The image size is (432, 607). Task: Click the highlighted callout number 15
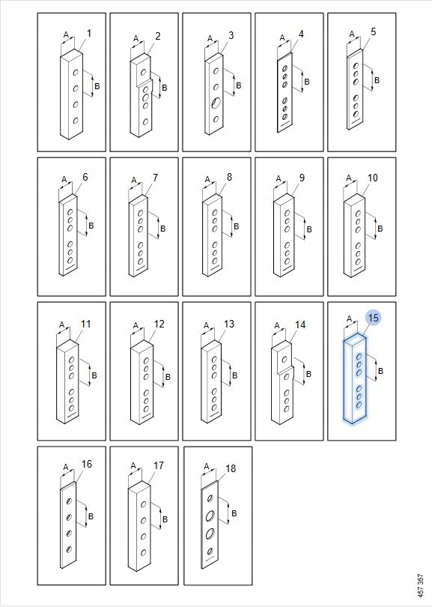click(x=373, y=318)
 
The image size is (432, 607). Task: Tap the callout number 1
click(x=89, y=34)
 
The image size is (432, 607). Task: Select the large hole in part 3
click(x=216, y=103)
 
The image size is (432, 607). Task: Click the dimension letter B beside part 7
click(x=162, y=229)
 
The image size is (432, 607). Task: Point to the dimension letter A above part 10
click(x=349, y=178)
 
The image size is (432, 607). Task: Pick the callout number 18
click(x=231, y=469)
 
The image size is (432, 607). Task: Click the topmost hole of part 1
click(x=76, y=73)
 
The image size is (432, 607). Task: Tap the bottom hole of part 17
click(x=144, y=552)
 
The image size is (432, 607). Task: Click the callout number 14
click(x=300, y=324)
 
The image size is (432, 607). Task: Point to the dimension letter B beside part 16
click(x=91, y=516)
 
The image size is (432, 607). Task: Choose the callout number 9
click(x=302, y=178)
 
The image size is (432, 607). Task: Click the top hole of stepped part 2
click(x=144, y=72)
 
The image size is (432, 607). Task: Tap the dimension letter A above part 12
click(x=136, y=325)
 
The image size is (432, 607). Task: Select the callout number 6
click(x=85, y=177)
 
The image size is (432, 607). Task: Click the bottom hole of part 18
click(x=210, y=552)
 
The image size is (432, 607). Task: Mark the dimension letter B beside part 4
click(x=307, y=82)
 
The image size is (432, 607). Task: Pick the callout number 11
click(x=85, y=324)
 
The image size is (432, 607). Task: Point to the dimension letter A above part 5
click(x=352, y=34)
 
